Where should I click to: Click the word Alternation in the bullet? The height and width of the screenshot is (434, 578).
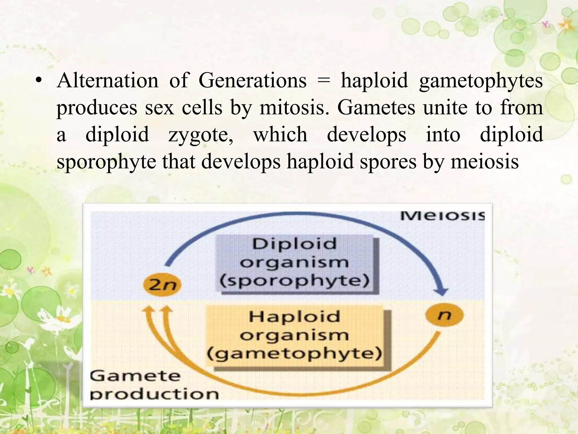tap(108, 81)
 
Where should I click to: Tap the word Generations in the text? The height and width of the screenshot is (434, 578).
tap(252, 81)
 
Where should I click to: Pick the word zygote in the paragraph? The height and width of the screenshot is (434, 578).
tap(201, 135)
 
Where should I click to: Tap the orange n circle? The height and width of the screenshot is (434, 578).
tap(444, 315)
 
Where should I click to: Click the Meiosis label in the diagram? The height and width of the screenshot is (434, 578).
tap(442, 216)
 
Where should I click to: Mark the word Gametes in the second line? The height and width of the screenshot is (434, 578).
tap(376, 108)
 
